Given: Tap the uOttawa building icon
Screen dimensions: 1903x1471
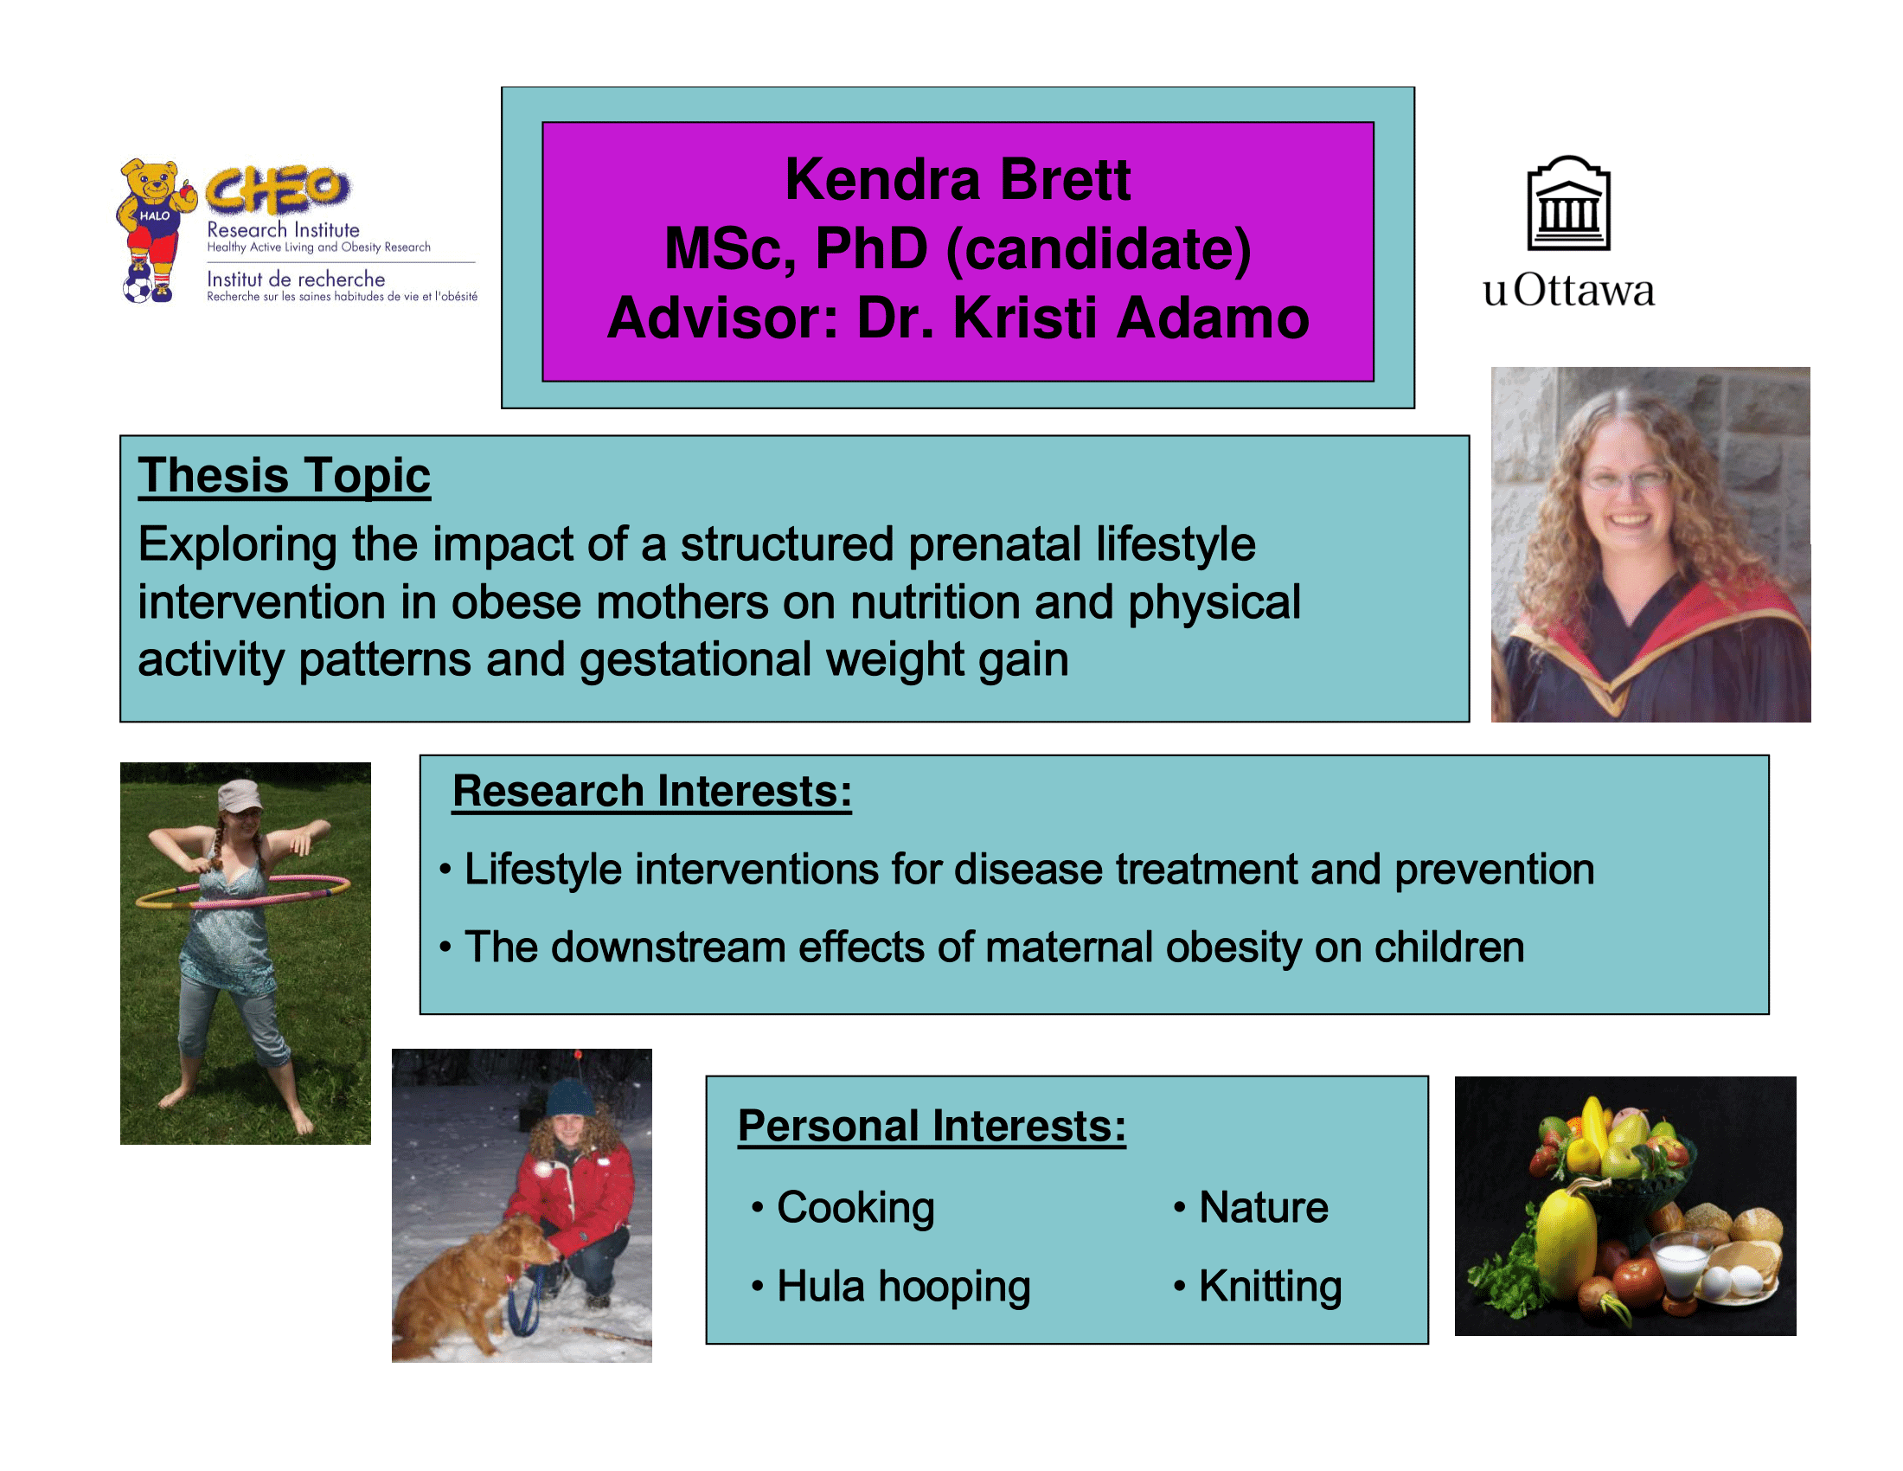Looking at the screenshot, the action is [1568, 203].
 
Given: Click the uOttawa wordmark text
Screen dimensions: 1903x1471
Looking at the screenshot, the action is [1568, 290].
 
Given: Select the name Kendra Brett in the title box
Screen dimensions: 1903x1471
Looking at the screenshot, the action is [958, 179].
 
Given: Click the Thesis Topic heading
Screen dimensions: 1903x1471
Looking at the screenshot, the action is [284, 476].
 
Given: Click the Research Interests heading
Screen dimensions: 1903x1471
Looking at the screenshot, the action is [651, 791].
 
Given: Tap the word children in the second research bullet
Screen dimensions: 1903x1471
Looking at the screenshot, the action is [1449, 947].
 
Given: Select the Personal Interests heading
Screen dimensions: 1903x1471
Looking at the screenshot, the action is [932, 1126].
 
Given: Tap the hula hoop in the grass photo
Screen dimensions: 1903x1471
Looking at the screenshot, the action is [243, 892].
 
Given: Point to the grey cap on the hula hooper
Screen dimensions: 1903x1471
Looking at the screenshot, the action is [239, 794].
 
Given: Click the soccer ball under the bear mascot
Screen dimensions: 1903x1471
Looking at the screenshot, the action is [137, 288].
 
